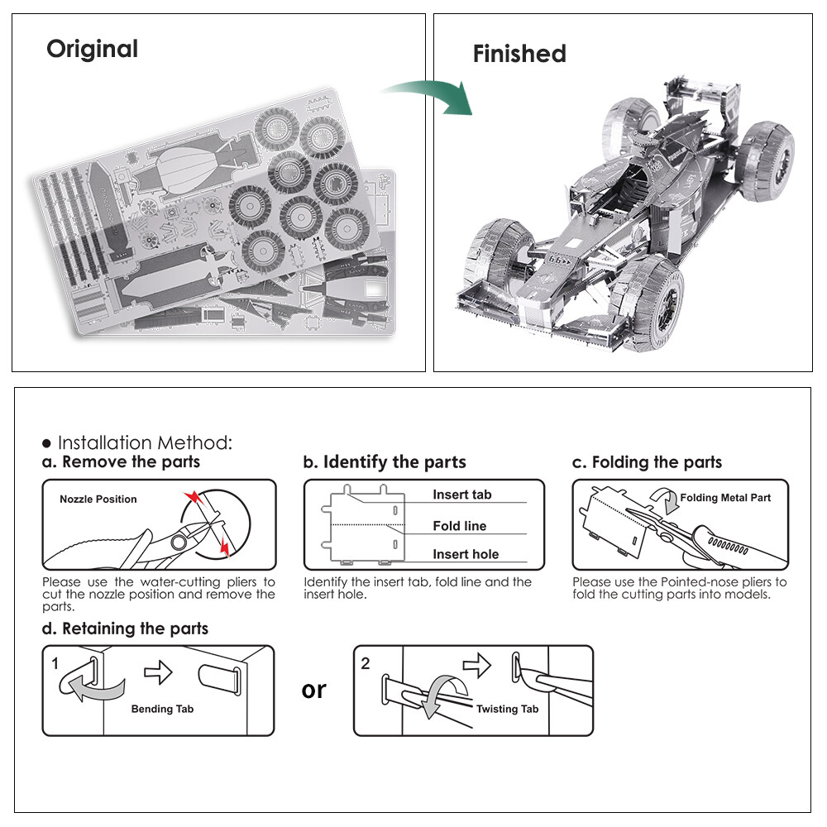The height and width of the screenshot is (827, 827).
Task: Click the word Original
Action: coord(92,49)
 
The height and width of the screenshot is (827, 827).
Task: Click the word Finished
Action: coord(519,55)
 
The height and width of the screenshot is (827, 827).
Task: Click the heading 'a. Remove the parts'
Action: coord(121,461)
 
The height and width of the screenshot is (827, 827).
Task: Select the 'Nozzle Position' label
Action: coord(98,499)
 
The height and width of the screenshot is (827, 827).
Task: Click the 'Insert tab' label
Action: coord(461,495)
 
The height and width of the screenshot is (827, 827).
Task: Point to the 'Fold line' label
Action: coord(459,526)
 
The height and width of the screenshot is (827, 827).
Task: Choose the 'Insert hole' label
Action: coord(466,554)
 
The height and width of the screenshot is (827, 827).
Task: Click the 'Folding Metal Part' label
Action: coord(725,498)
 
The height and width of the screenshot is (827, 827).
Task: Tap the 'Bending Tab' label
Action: coord(164,709)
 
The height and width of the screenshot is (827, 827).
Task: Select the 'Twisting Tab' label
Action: coord(507,709)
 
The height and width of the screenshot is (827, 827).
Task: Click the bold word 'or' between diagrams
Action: coord(314,689)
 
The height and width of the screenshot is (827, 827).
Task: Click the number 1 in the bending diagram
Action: coord(55,663)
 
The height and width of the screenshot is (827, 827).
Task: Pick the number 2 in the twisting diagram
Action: coord(366,663)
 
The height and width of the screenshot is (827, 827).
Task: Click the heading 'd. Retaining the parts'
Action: coord(125,629)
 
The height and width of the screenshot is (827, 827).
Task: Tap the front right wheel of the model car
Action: coord(653,303)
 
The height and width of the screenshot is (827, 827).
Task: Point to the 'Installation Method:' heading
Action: coord(145,442)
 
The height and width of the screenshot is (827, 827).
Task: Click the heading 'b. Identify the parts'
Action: coord(385,461)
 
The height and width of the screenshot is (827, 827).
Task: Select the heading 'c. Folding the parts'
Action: coord(647,461)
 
